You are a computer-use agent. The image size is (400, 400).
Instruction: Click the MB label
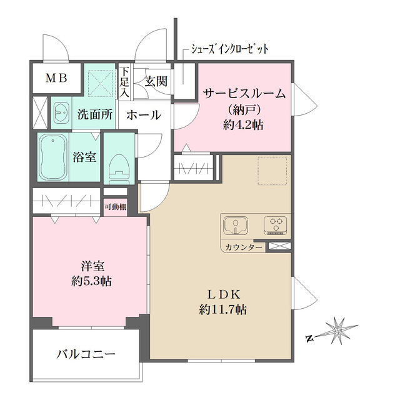pyautogui.click(x=55, y=79)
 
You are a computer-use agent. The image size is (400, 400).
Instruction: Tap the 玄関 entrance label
pyautogui.click(x=156, y=81)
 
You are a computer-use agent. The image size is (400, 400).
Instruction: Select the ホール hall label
pyautogui.click(x=144, y=115)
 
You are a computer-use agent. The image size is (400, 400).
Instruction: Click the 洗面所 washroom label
pyautogui.click(x=95, y=115)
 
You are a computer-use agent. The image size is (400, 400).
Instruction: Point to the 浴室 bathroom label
pyautogui.click(x=84, y=157)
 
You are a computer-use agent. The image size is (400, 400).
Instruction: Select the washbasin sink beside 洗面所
pyautogui.click(x=60, y=113)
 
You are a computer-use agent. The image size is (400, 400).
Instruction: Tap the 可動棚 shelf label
pyautogui.click(x=116, y=207)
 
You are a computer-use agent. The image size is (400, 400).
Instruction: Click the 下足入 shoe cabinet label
pyautogui.click(x=125, y=81)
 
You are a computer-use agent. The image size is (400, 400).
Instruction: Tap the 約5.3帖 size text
pyautogui.click(x=90, y=281)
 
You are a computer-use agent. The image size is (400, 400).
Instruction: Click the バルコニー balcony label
pyautogui.click(x=86, y=354)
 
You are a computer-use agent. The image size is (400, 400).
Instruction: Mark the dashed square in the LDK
pyautogui.click(x=272, y=171)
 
